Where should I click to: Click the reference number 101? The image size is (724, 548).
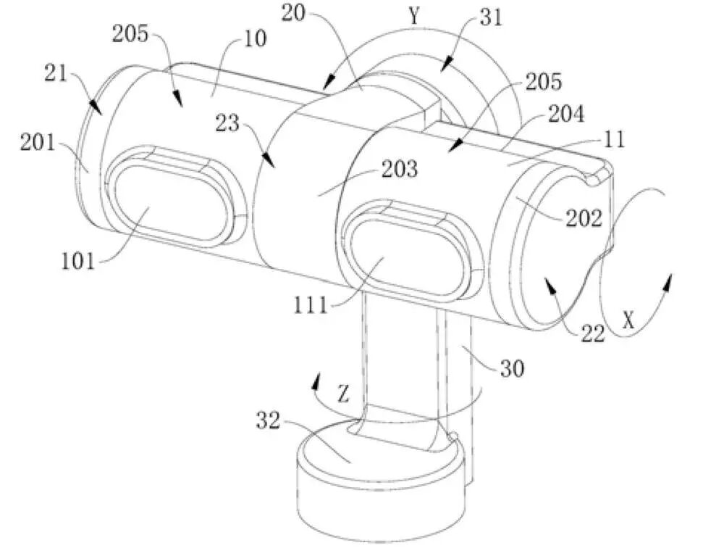point(78,262)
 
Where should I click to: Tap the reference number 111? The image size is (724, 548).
point(311,304)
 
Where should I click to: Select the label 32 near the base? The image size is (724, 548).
point(269,421)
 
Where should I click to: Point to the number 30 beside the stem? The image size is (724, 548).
point(512,368)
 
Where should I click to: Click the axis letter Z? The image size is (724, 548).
point(343,394)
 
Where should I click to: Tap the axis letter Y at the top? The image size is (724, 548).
point(415,17)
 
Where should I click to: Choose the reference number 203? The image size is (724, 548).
point(400,169)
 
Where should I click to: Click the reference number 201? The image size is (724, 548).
point(38,143)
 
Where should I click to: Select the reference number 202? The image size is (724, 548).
point(584,218)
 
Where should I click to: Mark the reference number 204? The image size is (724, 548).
point(566,114)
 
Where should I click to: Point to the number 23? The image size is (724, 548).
point(227,123)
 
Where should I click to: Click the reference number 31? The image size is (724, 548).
point(491,19)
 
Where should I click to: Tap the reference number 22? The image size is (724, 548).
point(593,333)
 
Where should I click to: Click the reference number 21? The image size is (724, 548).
point(56,73)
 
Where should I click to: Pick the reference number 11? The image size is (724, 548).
point(615,139)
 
